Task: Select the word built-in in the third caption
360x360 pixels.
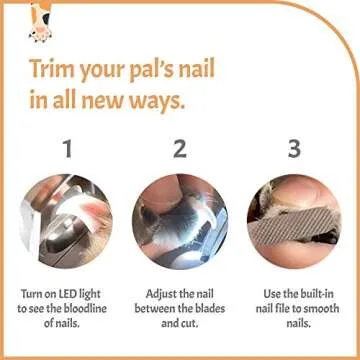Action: (x=309, y=295)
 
